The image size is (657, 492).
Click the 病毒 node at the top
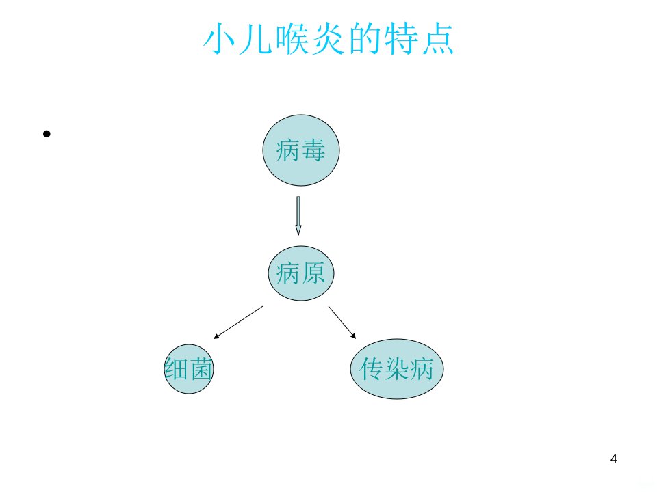click(301, 150)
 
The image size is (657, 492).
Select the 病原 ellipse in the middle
click(301, 273)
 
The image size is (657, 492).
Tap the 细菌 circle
click(189, 368)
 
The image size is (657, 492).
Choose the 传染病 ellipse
click(396, 368)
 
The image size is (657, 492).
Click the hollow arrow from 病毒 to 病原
click(298, 216)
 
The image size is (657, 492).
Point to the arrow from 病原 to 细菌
click(238, 322)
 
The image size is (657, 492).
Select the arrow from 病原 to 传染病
click(342, 322)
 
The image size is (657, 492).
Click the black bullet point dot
click(47, 134)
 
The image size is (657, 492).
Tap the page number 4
click(613, 459)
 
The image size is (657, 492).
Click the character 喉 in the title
click(292, 38)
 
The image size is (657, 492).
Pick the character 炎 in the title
click(328, 38)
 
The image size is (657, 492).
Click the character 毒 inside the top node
click(313, 150)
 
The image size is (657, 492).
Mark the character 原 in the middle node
click(313, 273)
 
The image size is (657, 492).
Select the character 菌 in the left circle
click(201, 368)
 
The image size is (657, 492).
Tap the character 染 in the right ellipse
click(396, 368)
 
